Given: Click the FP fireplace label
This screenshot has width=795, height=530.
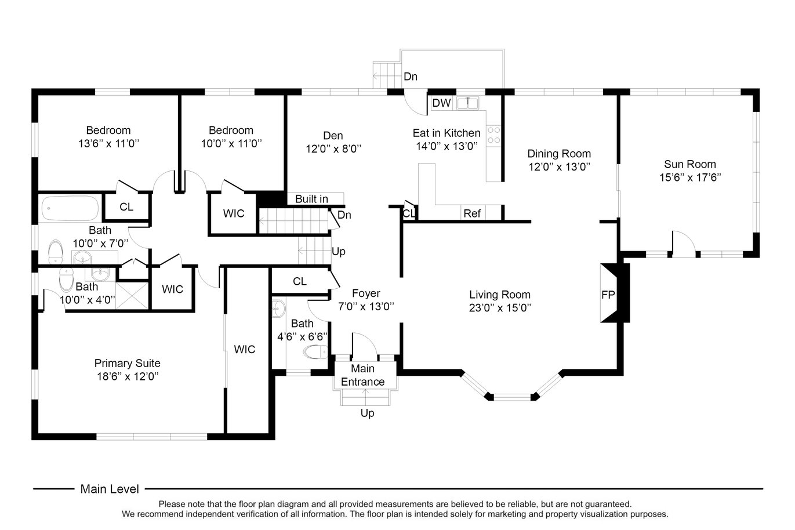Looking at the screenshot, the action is tap(608, 295).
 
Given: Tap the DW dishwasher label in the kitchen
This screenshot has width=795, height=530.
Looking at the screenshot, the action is tap(441, 103).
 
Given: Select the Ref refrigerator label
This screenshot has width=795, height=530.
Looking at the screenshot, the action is tap(472, 213).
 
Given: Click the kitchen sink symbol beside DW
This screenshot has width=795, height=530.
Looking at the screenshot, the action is tap(468, 103).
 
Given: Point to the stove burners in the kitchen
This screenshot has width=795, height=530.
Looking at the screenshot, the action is tap(493, 135).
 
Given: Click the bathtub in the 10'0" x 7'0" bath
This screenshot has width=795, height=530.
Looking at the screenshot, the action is tap(70, 208).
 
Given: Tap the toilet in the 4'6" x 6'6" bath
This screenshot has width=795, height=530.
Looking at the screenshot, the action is tap(316, 352).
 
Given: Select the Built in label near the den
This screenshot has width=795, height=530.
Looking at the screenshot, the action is tap(311, 199).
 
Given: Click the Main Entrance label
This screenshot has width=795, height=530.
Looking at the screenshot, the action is tap(363, 375).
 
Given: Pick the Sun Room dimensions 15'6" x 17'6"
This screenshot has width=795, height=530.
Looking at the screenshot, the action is tap(690, 177).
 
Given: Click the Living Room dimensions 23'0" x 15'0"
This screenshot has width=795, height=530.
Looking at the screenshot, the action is tap(500, 307).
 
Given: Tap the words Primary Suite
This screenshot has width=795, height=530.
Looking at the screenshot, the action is tap(128, 363).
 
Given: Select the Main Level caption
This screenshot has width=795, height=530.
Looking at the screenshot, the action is tap(110, 489).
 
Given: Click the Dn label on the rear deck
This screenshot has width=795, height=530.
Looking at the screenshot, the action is tap(411, 77).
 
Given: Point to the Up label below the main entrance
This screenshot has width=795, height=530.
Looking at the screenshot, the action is tap(367, 413).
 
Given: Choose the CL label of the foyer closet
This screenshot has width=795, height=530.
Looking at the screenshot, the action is tap(300, 281).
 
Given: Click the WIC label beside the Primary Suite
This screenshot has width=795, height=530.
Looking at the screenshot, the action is tap(245, 349).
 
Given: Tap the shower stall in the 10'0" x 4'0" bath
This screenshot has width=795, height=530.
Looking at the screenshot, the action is tap(132, 295).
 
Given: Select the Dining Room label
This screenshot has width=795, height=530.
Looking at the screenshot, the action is tap(559, 154).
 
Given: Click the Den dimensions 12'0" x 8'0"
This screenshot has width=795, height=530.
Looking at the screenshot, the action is tap(333, 148).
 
